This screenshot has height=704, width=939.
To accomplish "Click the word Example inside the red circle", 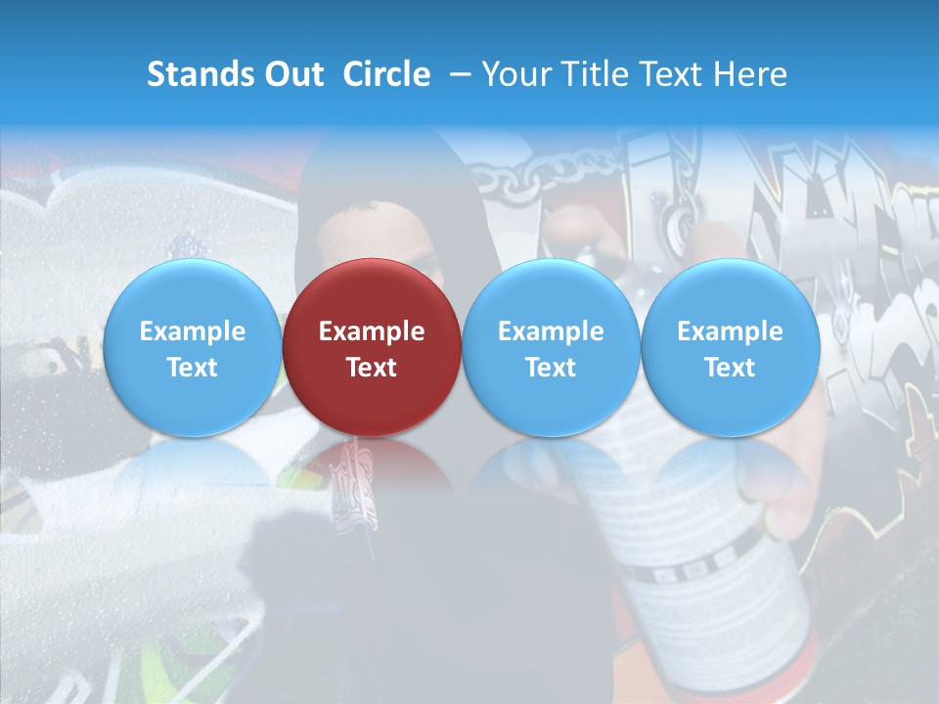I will (x=372, y=331).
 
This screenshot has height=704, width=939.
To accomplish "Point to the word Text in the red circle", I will (x=372, y=368).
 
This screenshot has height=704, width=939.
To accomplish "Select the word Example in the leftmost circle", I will (x=193, y=331).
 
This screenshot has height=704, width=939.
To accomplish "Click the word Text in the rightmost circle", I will (x=731, y=368).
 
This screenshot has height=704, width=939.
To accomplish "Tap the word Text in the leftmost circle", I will (x=193, y=368).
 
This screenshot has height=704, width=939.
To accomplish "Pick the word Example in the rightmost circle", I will (x=731, y=331).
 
